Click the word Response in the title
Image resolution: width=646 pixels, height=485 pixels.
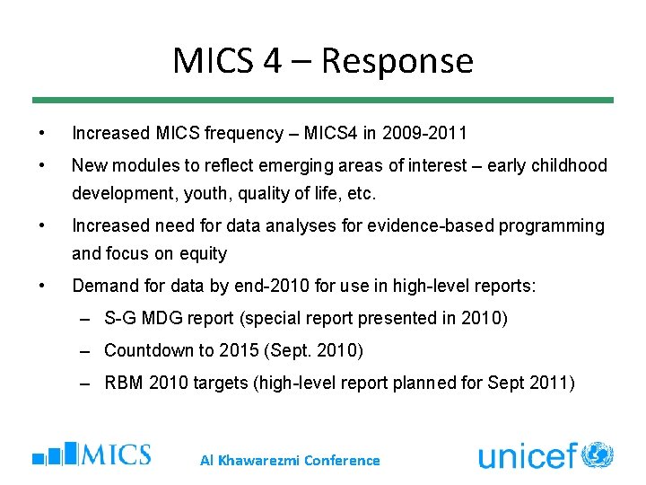397,61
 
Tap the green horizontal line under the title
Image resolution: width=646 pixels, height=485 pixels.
323,100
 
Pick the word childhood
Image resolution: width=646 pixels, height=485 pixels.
568,165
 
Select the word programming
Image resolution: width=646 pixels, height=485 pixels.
546,225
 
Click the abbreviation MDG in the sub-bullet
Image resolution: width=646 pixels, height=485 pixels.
162,318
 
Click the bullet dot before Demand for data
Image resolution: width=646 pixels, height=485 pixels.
43,286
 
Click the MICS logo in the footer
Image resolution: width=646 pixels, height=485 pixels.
92,454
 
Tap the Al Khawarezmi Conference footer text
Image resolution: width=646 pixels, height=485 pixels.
290,460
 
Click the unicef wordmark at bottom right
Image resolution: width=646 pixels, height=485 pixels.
527,456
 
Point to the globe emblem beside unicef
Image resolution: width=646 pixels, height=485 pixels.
598,454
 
